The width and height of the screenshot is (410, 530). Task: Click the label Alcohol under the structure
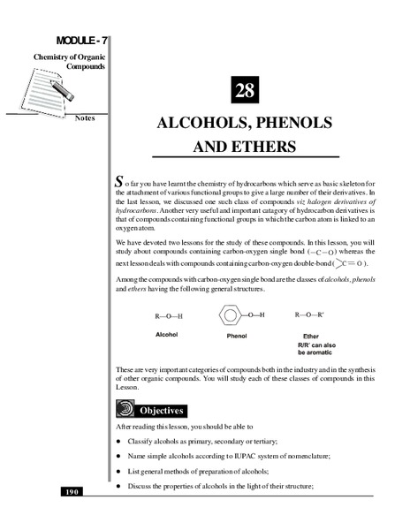pyautogui.click(x=168, y=336)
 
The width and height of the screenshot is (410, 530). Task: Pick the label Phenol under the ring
pyautogui.click(x=232, y=337)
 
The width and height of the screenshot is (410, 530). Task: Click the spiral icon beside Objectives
pyautogui.click(x=126, y=410)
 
